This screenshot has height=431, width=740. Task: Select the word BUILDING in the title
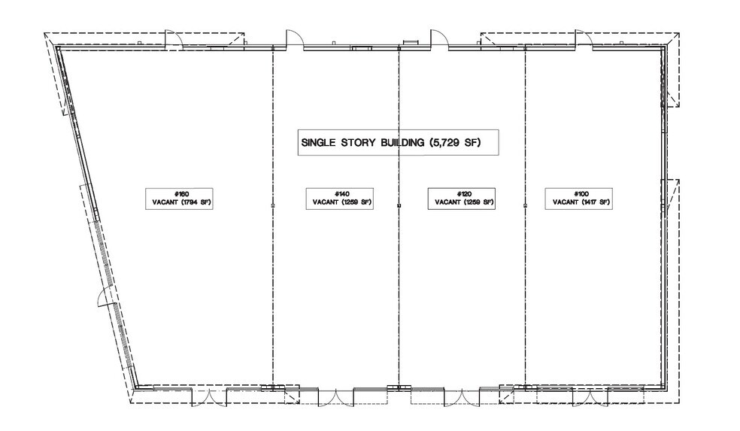coord(402,142)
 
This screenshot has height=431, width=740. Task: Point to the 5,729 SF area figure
coord(455,142)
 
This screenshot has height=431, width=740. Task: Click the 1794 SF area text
coord(196,202)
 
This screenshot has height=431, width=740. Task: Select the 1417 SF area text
coord(595,202)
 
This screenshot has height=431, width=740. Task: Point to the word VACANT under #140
coord(325,202)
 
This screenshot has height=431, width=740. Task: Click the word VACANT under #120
coord(447,202)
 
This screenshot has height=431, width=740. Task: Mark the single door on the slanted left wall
coord(105,297)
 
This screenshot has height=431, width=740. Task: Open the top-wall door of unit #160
coord(173,39)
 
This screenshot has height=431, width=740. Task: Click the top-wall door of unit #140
coord(294,38)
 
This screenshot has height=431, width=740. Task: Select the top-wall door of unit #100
coord(584,38)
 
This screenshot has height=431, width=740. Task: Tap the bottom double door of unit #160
coord(209,396)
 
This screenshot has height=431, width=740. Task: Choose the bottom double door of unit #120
coord(462,396)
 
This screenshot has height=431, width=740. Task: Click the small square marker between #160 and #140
coord(273,206)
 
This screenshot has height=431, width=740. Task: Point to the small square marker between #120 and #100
coord(525,206)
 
